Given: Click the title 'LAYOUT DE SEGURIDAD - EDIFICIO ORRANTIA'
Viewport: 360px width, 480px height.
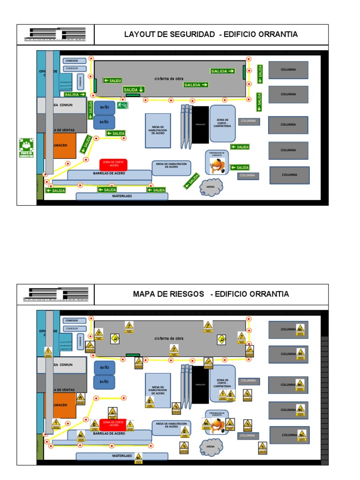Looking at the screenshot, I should [210, 34].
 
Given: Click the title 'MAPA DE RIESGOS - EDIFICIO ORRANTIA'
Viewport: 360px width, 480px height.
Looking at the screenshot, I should [210, 294].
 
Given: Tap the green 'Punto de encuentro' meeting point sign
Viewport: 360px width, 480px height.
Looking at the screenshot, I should [26, 148].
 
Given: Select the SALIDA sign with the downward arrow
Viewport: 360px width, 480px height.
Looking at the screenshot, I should [134, 89].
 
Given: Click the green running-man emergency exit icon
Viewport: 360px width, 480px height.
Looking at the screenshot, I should [122, 105].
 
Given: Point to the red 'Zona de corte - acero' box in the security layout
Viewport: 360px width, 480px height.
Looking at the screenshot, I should [113, 164].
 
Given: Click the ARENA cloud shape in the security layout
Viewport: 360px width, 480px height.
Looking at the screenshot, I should [210, 187].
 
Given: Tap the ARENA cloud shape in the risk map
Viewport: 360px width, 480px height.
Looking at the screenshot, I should [210, 446].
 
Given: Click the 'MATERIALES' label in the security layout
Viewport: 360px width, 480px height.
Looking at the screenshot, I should [122, 196].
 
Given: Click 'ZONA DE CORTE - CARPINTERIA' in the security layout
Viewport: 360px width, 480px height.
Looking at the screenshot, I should [223, 123].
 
